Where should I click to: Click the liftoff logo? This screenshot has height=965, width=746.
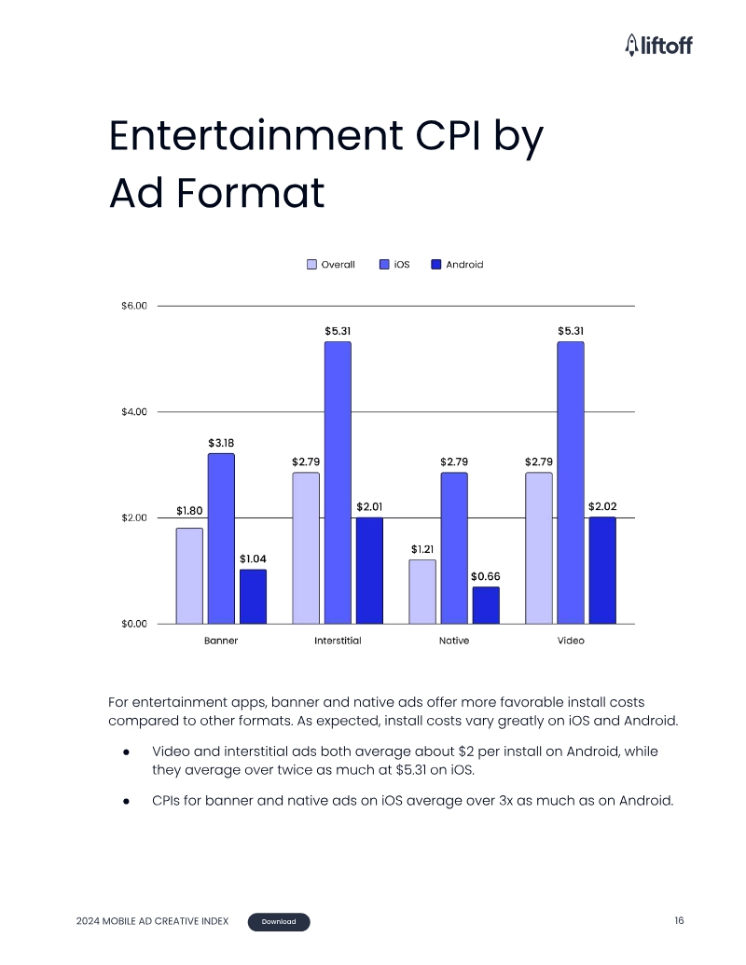coord(658,45)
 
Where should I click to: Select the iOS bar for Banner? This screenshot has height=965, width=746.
coord(221,539)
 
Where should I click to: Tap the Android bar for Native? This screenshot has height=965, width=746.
coord(486,606)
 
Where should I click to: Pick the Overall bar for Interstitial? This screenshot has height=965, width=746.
coord(306,548)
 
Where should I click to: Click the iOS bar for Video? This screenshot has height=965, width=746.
coord(571,483)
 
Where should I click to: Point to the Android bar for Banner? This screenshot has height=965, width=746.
coord(253,597)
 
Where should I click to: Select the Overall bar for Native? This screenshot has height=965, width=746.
coord(422,592)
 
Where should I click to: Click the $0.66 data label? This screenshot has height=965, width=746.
coord(486,576)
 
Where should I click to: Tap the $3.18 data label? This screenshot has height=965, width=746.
coord(221,443)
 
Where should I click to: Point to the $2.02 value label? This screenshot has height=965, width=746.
coord(602,506)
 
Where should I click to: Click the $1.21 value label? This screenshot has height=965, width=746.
coord(422,549)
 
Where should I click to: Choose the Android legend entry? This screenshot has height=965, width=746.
coord(457,265)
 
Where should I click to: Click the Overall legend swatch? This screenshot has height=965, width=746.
coord(312,265)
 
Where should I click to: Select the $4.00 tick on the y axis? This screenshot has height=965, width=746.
coord(134,412)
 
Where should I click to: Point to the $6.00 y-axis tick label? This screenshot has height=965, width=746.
coord(134,306)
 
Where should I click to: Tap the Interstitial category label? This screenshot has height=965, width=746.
coord(338,641)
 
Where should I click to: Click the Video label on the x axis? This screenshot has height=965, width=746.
coord(571,641)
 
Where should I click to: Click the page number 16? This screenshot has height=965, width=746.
coord(679,920)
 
